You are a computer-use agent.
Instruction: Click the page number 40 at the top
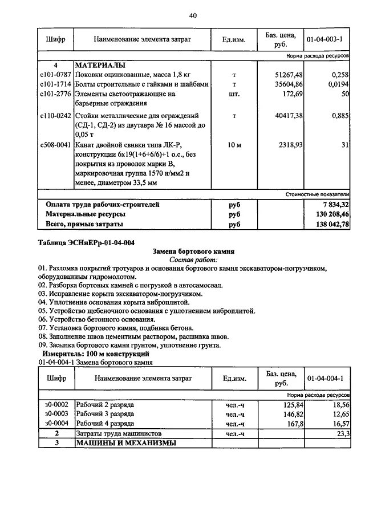click(193, 15)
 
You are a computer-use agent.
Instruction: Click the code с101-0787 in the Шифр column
click(55, 75)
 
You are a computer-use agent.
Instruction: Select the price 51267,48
click(289, 75)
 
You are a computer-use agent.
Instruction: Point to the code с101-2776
click(55, 94)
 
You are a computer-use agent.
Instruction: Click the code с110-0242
click(55, 116)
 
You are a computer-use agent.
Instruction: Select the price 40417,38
click(289, 116)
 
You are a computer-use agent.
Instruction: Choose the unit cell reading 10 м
click(234, 145)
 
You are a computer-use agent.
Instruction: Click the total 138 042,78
click(329, 225)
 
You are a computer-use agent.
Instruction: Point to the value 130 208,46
click(329, 214)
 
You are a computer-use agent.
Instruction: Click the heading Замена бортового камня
click(194, 251)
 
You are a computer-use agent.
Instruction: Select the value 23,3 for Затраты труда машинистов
click(342, 434)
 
